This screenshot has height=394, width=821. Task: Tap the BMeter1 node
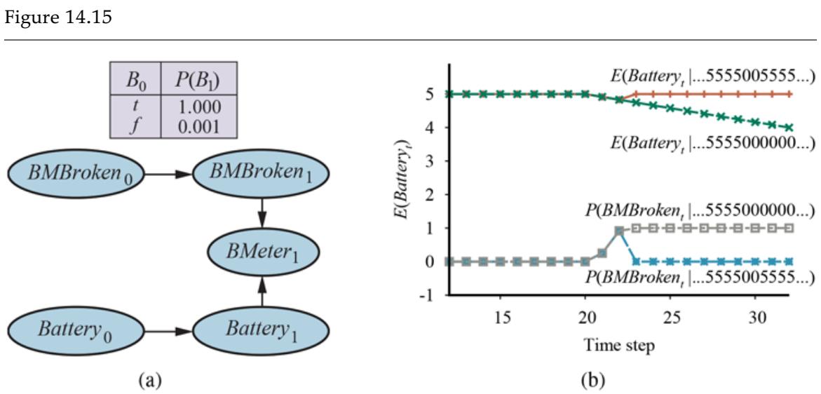(x=262, y=250)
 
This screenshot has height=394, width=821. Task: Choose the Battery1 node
(x=262, y=328)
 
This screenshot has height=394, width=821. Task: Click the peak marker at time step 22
(x=619, y=231)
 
